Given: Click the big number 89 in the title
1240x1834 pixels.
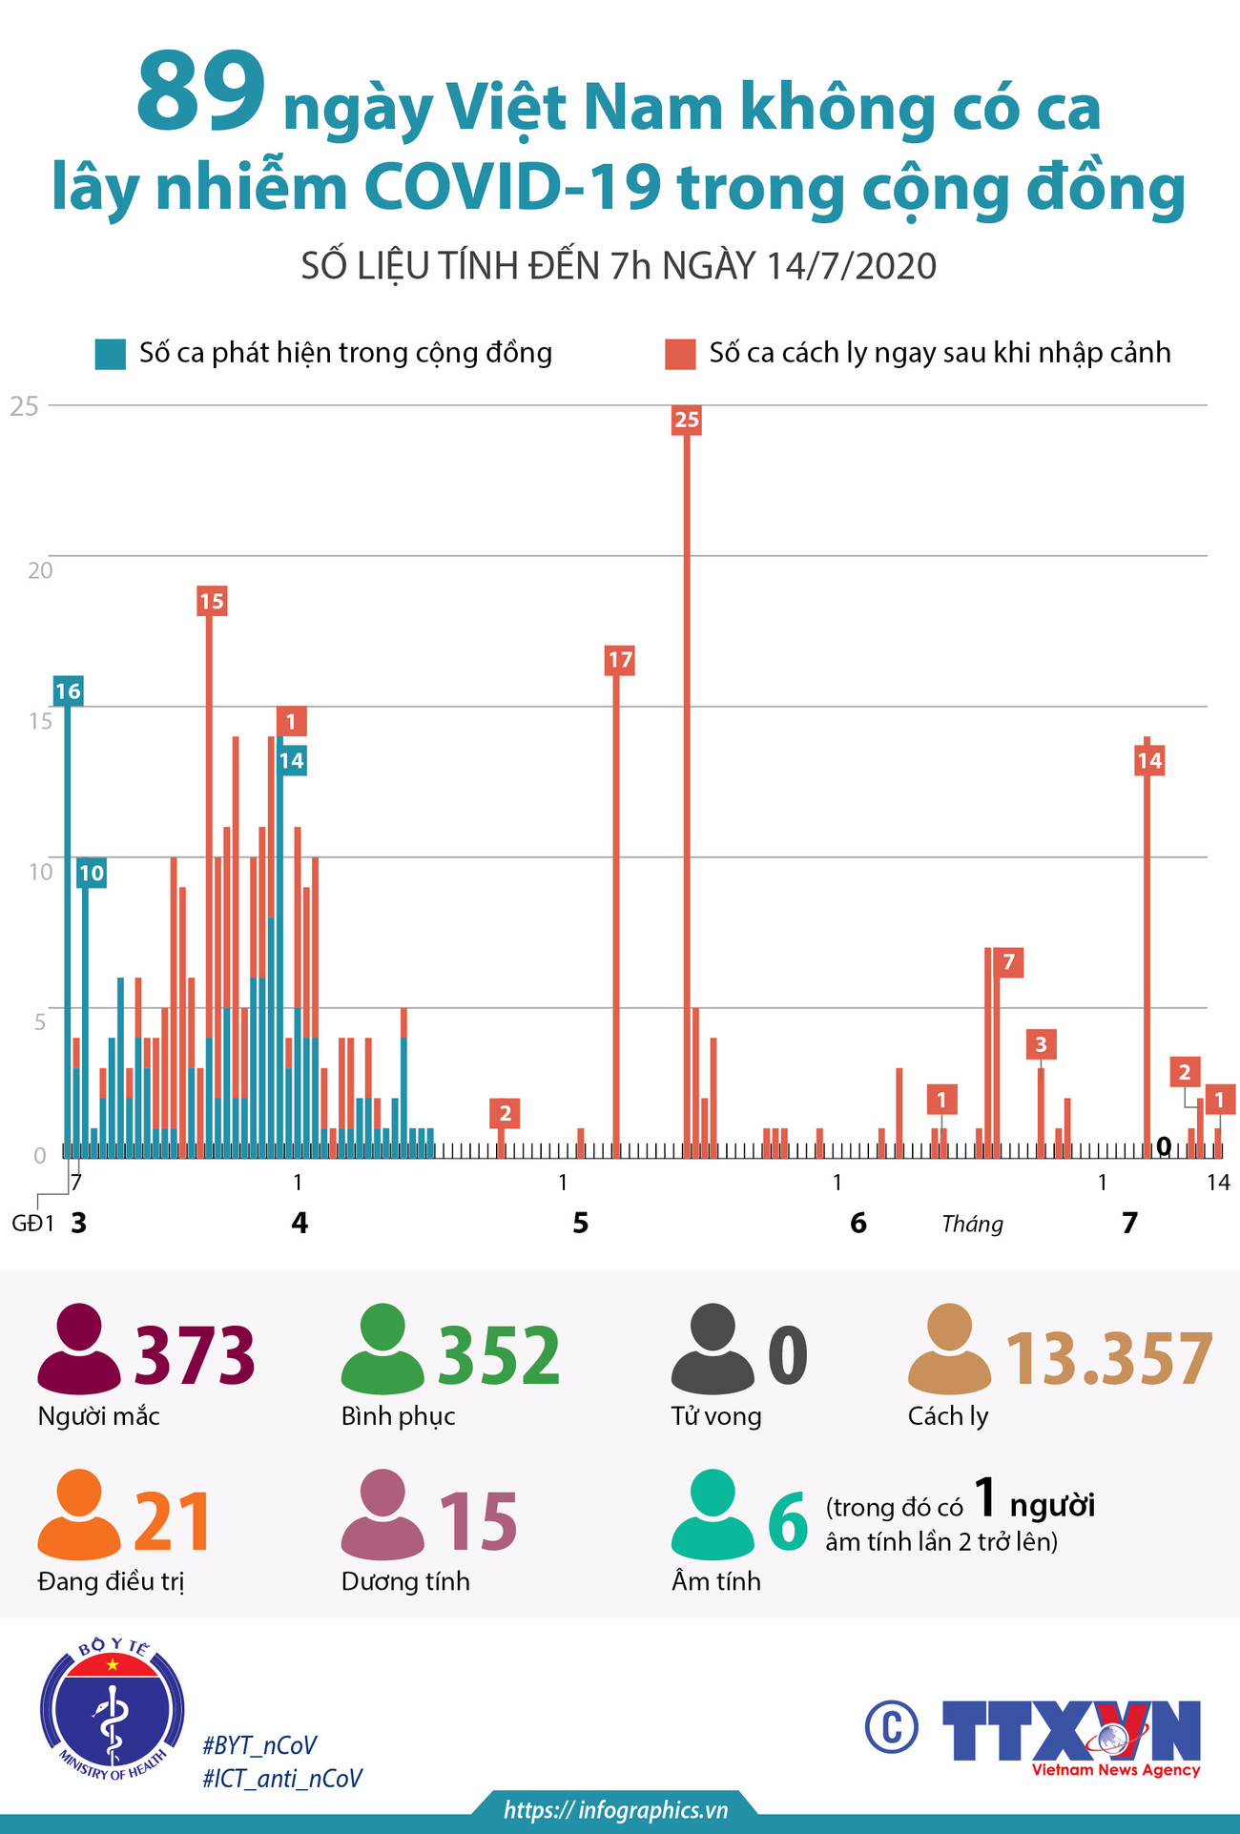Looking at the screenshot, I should pos(200,93).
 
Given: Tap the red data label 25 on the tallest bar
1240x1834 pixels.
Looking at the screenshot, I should pos(687,420).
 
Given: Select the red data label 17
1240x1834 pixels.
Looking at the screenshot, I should pos(620,660).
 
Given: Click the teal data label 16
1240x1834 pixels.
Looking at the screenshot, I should pos(68,691).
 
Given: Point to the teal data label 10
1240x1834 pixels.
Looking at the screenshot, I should pos(91,873).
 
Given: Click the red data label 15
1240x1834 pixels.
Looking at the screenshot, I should pos(212,601).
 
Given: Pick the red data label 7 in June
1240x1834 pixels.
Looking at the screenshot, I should pos(1009,962).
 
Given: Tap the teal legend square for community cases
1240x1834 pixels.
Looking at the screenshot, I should pos(111,354).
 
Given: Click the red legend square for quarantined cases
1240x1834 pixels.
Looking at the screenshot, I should pos(680,354).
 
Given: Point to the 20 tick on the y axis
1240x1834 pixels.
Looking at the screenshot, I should pos(40,570).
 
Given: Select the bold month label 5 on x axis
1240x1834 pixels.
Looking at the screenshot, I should pos(581,1223).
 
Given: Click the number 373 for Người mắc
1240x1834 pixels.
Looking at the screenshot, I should pos(195,1355).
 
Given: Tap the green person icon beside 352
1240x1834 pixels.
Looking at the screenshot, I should pos(382,1349).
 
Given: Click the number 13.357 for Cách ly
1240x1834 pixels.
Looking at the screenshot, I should pos(1109,1358).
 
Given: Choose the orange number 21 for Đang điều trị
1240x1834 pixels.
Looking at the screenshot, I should pos(173,1521).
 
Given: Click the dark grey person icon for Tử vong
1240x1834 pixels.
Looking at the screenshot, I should pos(713,1349).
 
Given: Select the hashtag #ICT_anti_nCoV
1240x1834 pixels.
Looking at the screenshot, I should pos(282,1778).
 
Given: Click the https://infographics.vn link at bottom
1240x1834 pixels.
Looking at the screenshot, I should pos(616,1809).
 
